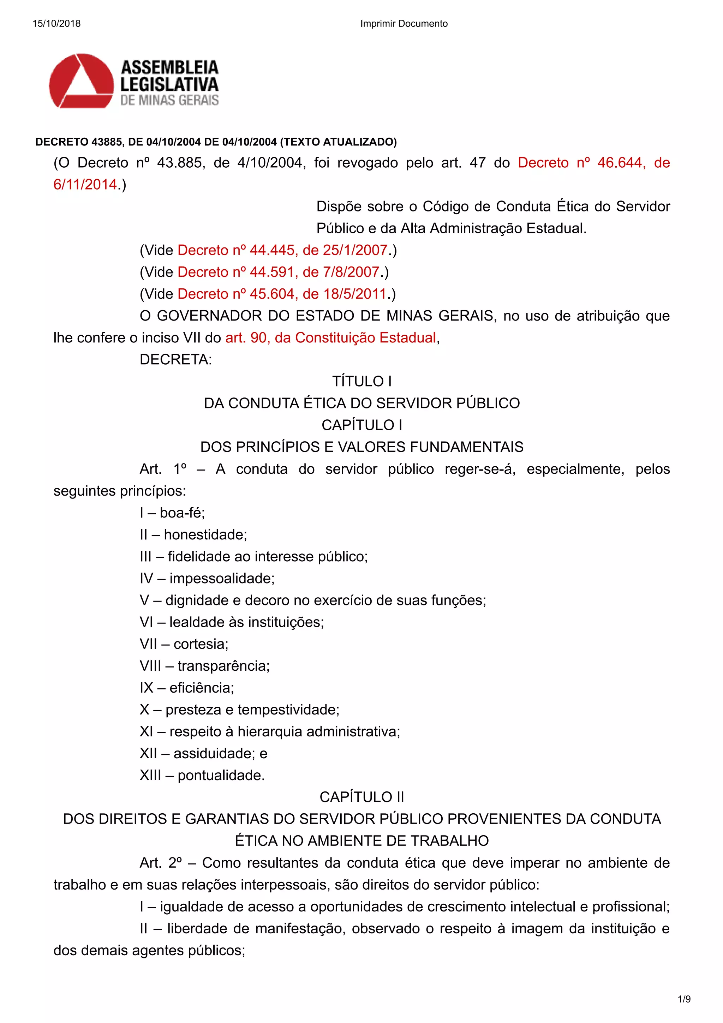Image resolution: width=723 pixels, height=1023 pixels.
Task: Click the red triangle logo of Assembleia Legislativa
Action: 81,81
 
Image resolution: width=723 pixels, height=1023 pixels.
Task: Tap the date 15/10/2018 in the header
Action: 56,24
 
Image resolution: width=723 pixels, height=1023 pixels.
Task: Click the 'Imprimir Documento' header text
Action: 404,24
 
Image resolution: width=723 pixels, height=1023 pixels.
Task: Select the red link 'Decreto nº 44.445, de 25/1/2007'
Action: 282,250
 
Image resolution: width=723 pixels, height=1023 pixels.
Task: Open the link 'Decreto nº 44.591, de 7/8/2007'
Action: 279,272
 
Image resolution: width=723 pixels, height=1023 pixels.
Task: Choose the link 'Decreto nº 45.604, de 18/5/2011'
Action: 282,294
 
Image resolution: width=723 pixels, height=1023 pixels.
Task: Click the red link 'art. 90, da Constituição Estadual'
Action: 330,338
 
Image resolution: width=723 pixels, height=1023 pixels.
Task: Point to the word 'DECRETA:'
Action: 175,360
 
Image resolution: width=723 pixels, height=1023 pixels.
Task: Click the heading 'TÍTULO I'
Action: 362,381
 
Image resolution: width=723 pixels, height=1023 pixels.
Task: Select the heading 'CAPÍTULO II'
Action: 362,797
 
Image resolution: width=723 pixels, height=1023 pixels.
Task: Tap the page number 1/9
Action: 684,999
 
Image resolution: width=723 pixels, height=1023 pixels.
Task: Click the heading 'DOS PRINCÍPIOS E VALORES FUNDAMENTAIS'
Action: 362,447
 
